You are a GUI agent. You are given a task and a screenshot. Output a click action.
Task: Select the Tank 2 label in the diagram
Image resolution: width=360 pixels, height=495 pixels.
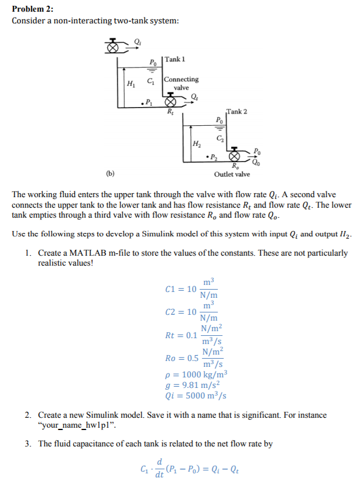(x=236, y=111)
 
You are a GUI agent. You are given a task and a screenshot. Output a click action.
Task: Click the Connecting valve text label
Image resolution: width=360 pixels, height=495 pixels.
(x=181, y=83)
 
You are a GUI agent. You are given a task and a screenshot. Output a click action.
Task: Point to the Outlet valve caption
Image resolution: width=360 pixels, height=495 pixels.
(x=232, y=174)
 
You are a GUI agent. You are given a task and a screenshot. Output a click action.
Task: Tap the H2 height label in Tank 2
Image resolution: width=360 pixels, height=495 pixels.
(x=197, y=143)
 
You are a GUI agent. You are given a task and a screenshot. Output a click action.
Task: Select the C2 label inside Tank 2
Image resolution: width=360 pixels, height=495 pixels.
(x=220, y=138)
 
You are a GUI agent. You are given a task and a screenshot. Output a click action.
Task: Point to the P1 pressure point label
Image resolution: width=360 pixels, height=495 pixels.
(x=148, y=103)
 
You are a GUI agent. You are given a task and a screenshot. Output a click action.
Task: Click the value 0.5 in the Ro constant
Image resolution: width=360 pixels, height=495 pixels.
(x=192, y=358)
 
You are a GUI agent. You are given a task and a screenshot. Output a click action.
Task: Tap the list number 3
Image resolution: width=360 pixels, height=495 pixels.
(x=28, y=444)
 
